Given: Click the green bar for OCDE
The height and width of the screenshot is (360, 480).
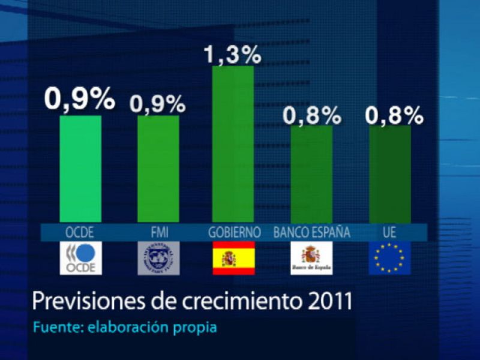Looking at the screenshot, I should [80, 169].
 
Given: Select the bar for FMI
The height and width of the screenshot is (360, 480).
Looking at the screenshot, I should [158, 169].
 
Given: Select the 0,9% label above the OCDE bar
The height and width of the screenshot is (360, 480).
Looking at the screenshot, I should [79, 99].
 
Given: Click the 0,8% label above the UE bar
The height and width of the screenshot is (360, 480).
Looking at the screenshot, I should [395, 115].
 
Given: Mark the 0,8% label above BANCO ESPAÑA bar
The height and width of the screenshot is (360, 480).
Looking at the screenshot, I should [311, 115].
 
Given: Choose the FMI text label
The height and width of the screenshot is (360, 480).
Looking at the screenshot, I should [159, 232].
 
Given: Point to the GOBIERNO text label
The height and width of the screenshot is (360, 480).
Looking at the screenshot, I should [234, 232].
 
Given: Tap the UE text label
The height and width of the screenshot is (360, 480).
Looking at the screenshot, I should [390, 232].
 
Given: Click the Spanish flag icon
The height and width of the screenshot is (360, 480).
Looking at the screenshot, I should [233, 258].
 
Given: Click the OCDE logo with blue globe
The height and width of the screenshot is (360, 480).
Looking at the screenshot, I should [81, 258].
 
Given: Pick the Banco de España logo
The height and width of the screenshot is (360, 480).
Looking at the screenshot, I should [311, 258].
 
